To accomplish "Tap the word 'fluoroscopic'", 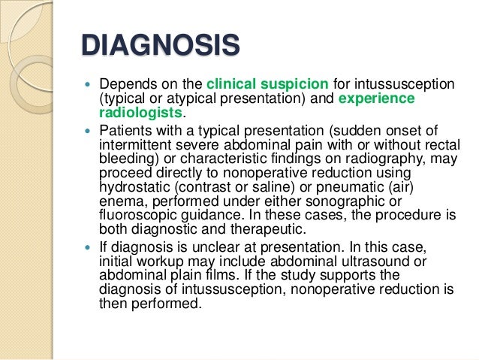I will tap(135, 217).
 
